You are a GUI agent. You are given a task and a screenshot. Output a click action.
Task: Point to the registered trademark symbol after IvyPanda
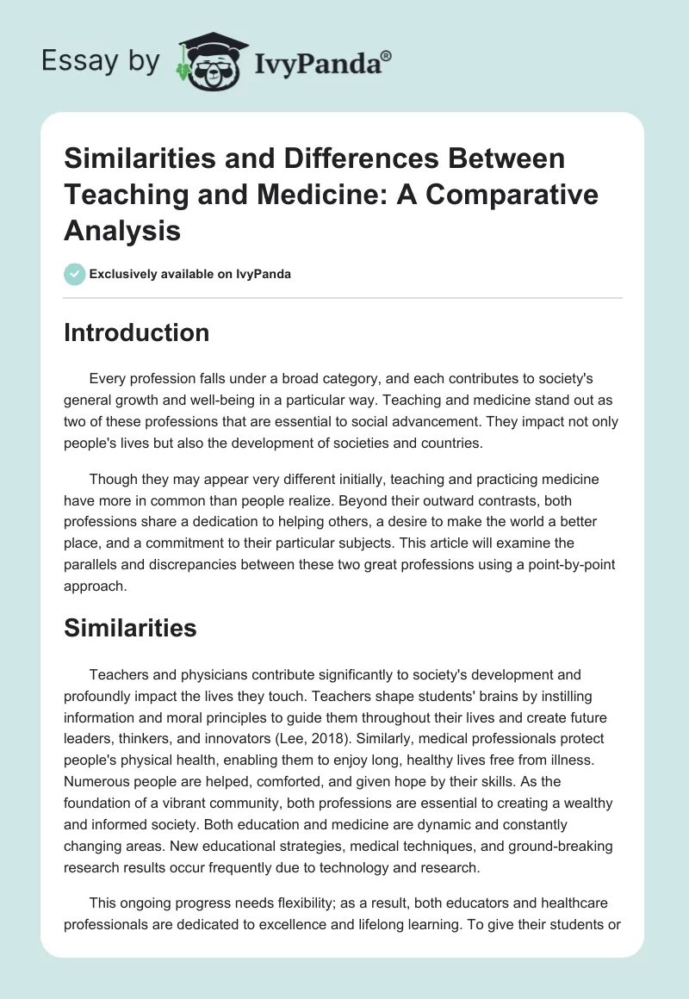click(387, 55)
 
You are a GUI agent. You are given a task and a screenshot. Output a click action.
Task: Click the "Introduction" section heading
click(136, 332)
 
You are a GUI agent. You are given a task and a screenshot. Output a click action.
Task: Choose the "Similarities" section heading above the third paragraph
click(130, 629)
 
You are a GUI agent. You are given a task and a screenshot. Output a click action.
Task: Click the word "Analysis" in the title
click(121, 231)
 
